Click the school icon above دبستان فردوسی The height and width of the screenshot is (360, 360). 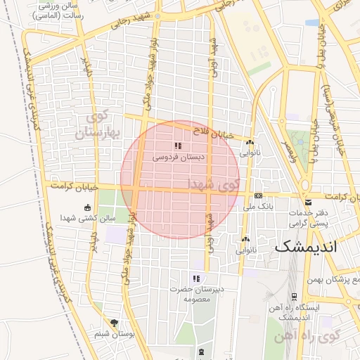pyautogui.click(x=179, y=146)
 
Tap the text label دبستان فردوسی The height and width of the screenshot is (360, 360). pyautogui.click(x=179, y=157)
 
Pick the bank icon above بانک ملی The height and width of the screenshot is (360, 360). pyautogui.click(x=258, y=195)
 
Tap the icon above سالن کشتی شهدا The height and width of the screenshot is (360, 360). pyautogui.click(x=87, y=207)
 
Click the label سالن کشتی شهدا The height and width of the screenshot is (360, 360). pyautogui.click(x=88, y=219)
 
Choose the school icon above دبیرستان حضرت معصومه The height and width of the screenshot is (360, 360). pyautogui.click(x=196, y=278)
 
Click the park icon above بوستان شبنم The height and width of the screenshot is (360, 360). pyautogui.click(x=114, y=322)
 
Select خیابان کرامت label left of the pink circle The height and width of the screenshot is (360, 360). pyautogui.click(x=72, y=186)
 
